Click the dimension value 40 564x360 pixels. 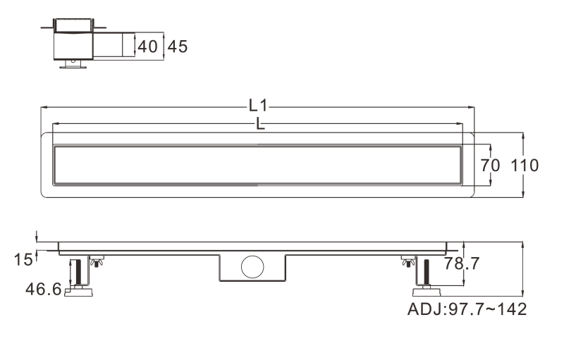click(x=148, y=46)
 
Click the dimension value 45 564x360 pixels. click(x=178, y=46)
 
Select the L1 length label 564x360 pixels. click(x=258, y=106)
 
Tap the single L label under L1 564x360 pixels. click(x=260, y=123)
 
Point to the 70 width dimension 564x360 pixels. click(x=490, y=166)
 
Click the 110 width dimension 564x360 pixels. click(x=525, y=166)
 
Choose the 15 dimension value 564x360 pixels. click(x=23, y=259)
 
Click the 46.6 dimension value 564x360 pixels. click(x=44, y=289)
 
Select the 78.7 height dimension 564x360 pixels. click(x=462, y=263)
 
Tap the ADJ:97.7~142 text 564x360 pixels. click(x=467, y=309)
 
